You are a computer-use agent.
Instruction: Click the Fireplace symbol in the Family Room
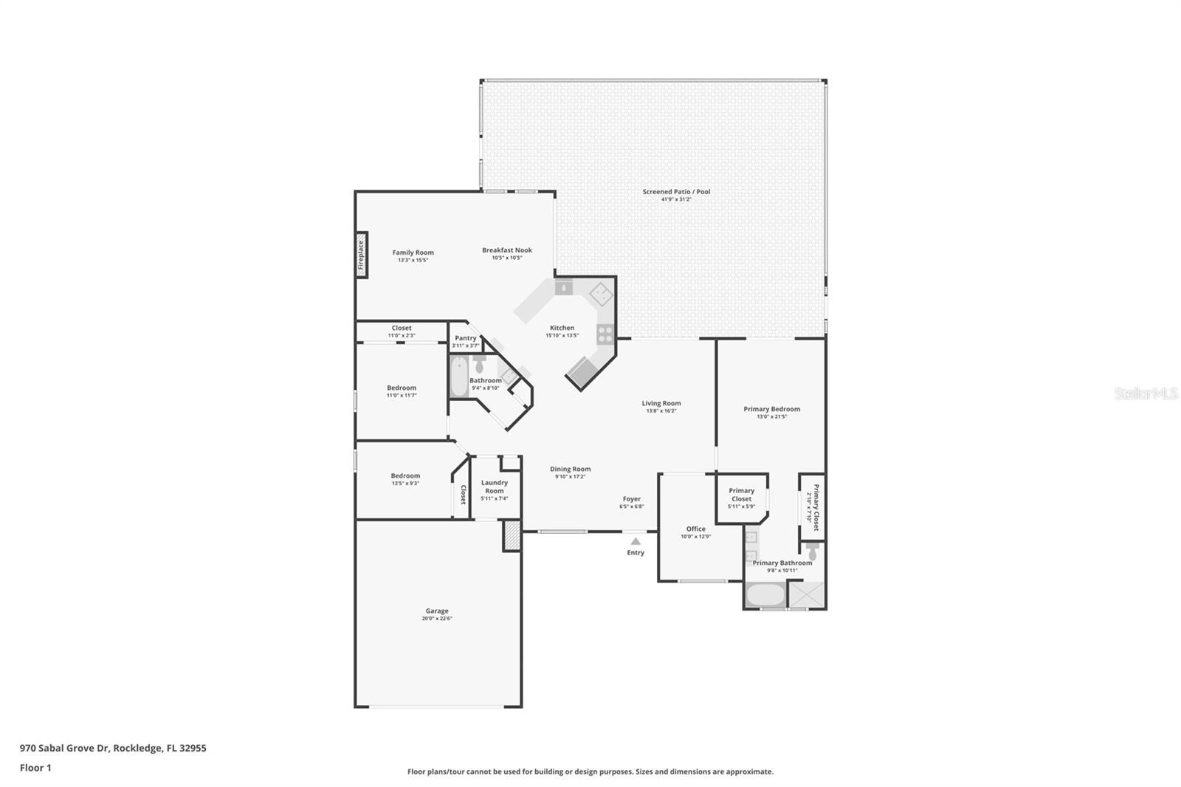(362, 255)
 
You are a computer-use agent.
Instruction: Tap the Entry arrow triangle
(636, 541)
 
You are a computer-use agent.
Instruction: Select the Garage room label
(437, 611)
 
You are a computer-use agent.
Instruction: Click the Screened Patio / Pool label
(676, 192)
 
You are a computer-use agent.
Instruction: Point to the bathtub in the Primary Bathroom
(765, 595)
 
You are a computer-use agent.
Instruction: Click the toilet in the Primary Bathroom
(813, 551)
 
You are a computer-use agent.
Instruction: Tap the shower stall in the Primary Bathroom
(808, 595)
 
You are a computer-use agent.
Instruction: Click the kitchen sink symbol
(563, 287)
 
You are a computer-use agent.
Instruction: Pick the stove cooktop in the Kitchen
(605, 334)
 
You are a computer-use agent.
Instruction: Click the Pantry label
(466, 338)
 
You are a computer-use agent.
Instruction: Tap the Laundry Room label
(495, 487)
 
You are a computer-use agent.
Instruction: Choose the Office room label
(695, 529)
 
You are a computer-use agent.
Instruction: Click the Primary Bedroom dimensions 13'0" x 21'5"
(771, 416)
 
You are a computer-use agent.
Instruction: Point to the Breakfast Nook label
(507, 250)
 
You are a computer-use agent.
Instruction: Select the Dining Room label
(570, 469)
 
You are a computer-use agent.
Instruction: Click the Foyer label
(631, 499)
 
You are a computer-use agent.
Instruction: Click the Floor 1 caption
(35, 768)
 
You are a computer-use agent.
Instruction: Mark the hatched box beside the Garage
(512, 535)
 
